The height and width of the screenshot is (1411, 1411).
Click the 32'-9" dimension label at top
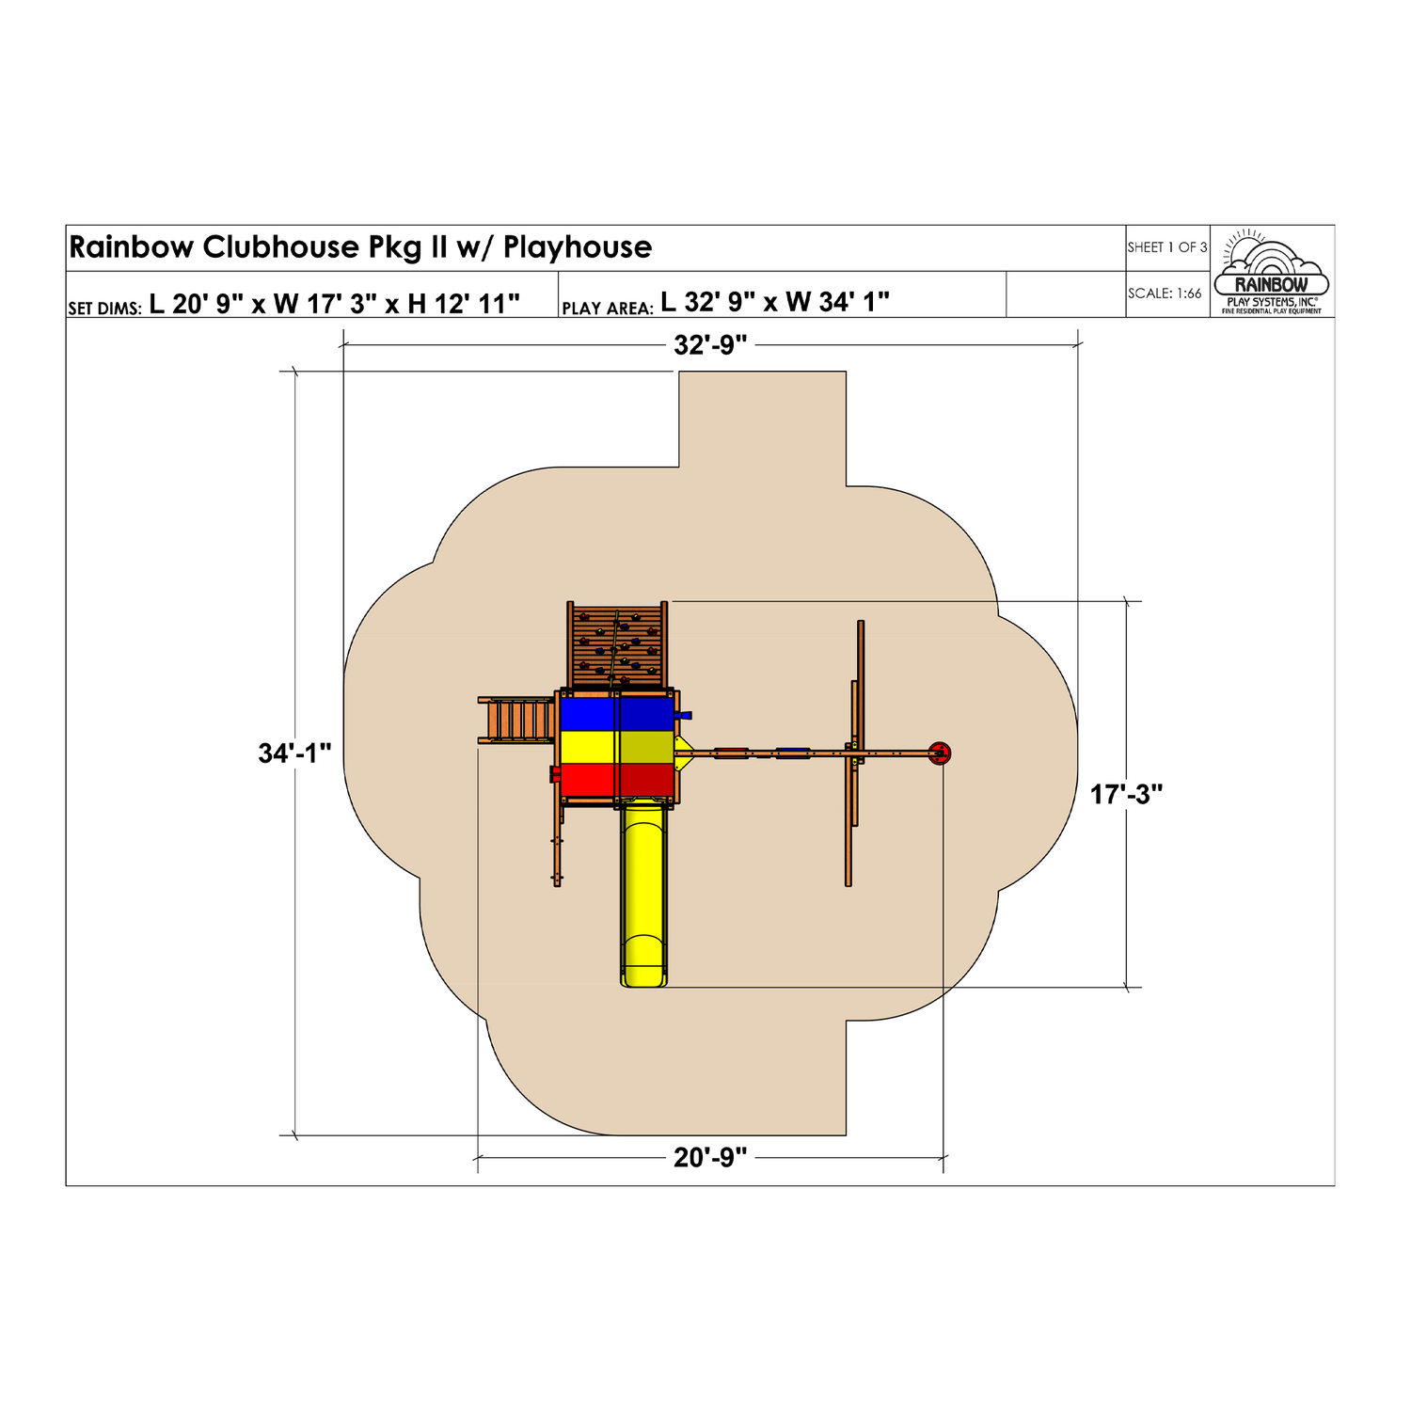click(x=710, y=345)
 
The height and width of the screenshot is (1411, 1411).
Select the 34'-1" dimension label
click(x=295, y=753)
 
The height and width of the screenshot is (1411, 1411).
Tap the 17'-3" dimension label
click(x=1127, y=795)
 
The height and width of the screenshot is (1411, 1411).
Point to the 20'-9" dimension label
click(x=710, y=1158)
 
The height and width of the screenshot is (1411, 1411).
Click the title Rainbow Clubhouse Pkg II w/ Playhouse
click(x=360, y=247)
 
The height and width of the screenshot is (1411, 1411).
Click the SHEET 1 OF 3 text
click(x=1167, y=247)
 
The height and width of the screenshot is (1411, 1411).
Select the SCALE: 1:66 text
click(x=1165, y=293)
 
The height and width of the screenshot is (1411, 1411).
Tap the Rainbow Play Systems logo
click(x=1272, y=272)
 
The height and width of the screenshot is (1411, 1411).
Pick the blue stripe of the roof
click(x=618, y=712)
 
